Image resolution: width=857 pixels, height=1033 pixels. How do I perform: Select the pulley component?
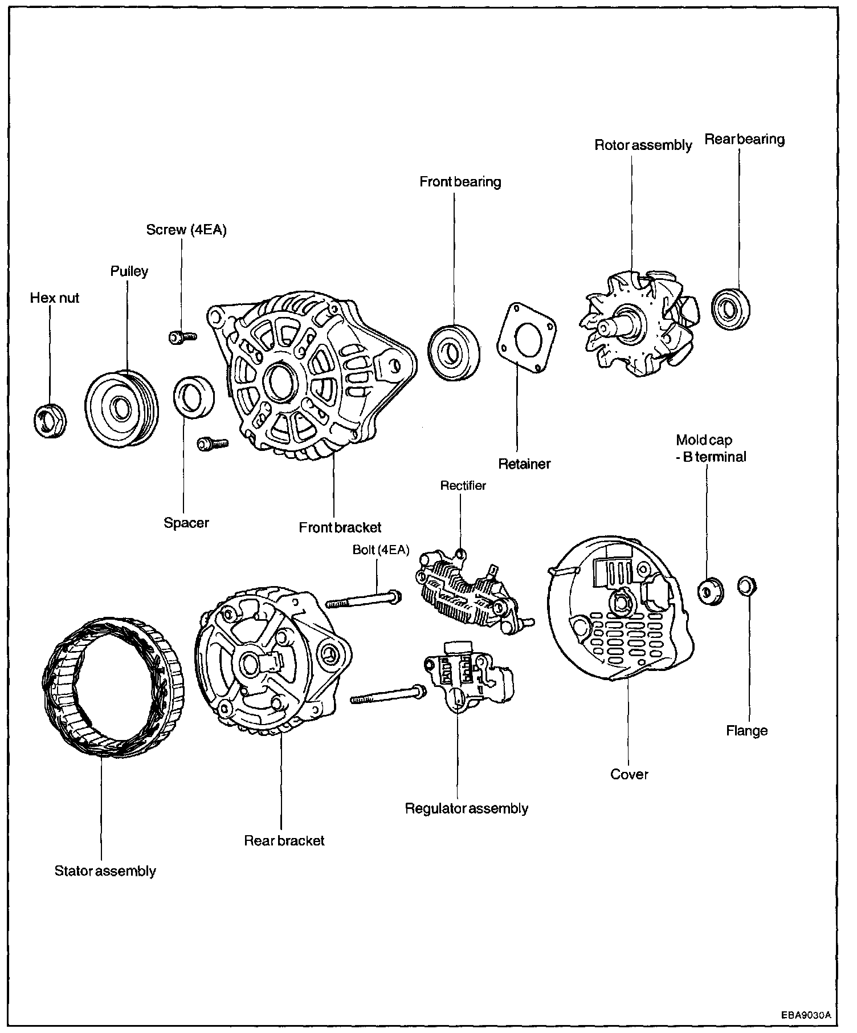(121, 408)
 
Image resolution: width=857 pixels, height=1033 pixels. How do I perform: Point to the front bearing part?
(454, 352)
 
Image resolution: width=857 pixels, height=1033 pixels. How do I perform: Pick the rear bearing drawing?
(731, 310)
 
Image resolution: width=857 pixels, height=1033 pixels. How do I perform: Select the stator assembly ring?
(112, 689)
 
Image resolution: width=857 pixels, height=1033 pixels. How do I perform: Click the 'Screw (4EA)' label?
(186, 230)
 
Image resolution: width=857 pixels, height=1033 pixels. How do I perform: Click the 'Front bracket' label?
(340, 527)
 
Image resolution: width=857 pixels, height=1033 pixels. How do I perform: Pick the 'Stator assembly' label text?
(105, 871)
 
